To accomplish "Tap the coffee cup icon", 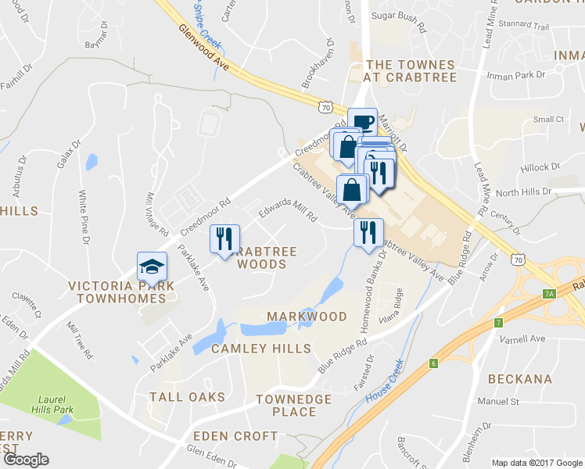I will pyautogui.click(x=362, y=122).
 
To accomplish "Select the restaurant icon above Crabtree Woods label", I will pyautogui.click(x=224, y=238).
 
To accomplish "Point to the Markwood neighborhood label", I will pyautogui.click(x=307, y=317).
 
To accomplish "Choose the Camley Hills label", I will pyautogui.click(x=260, y=349).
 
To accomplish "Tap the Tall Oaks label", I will pyautogui.click(x=187, y=397).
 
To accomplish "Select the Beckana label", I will pyautogui.click(x=520, y=379).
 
